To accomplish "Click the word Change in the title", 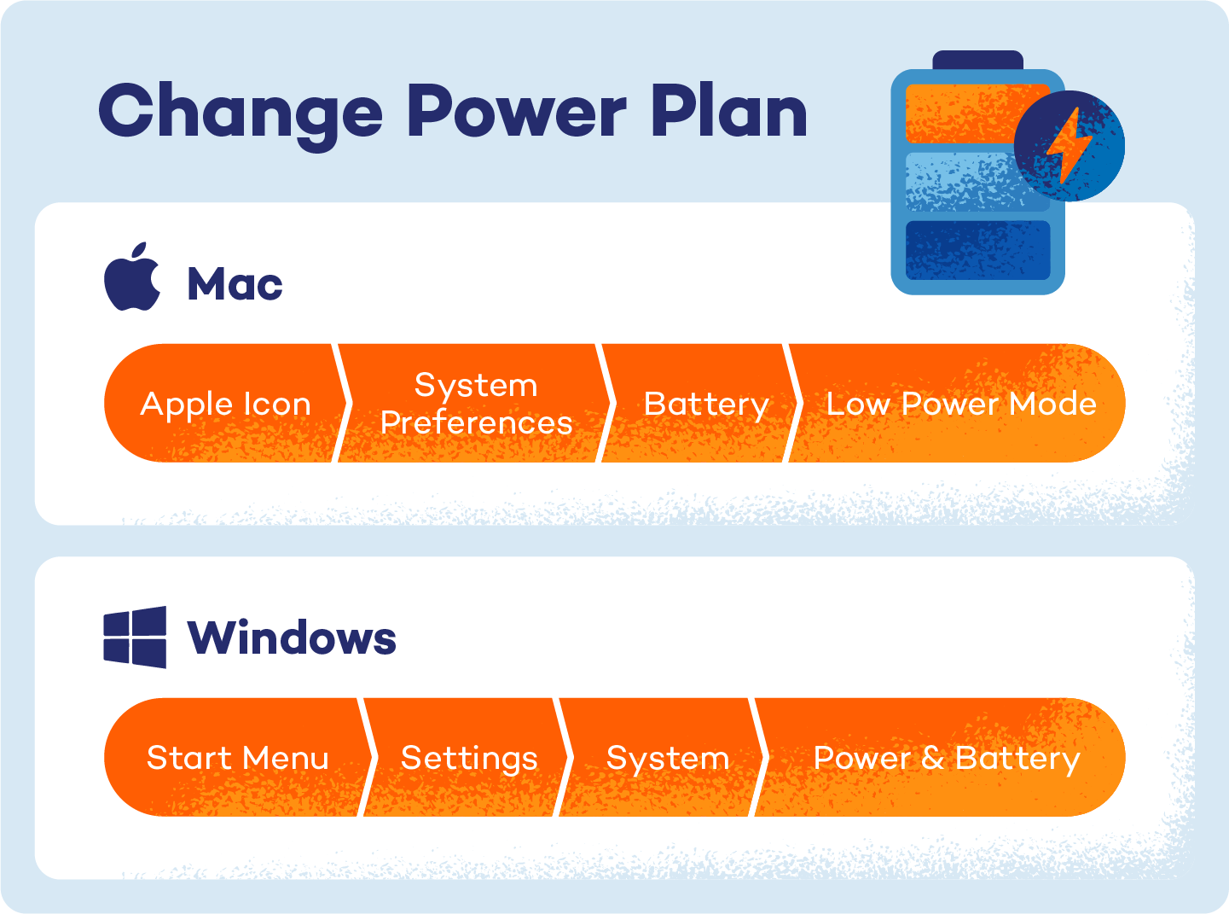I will click(x=241, y=114).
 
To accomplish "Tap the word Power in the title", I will click(x=517, y=112).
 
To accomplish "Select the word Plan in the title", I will click(x=729, y=112).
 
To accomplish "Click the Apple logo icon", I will click(x=132, y=277).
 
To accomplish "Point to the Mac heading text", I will click(x=235, y=283).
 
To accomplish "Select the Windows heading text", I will click(x=292, y=637).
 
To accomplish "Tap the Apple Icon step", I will click(x=225, y=404).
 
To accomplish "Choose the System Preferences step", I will click(x=476, y=404).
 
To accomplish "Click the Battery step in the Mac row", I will click(x=705, y=404).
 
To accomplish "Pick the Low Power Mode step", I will click(x=960, y=404).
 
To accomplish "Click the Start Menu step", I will click(x=237, y=758).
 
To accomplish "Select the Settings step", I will click(x=469, y=758).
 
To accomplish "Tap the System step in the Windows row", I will click(x=667, y=758).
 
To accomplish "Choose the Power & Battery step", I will click(x=946, y=758).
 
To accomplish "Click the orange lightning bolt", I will click(x=1068, y=145).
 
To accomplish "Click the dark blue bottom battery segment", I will click(x=977, y=250).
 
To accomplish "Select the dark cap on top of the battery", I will click(x=977, y=60).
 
